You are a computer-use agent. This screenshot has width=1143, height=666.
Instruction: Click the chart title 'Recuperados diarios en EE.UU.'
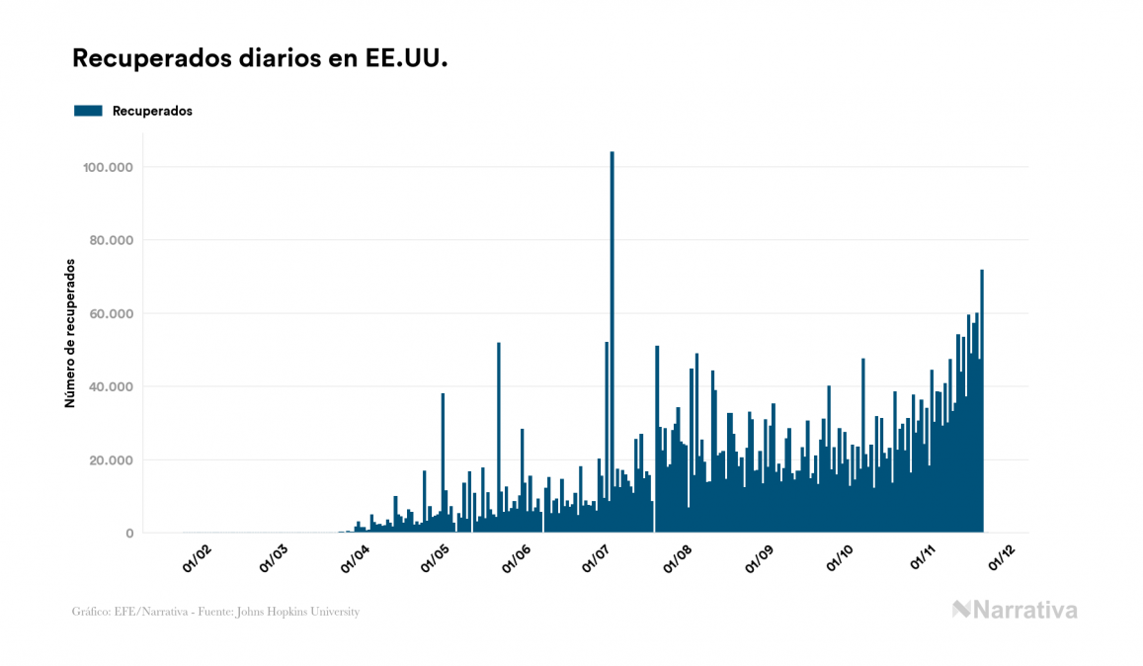[x=261, y=59]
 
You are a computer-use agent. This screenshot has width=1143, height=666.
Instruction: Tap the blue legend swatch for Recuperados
[x=88, y=111]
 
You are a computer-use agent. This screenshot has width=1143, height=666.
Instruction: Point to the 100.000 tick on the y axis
[x=109, y=167]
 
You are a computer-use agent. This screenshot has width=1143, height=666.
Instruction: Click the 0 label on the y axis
[x=129, y=533]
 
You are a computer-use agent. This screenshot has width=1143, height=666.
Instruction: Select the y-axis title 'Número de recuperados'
[x=70, y=334]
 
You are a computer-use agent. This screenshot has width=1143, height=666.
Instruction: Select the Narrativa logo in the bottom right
[x=1015, y=610]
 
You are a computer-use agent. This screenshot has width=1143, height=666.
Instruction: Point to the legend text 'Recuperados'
[x=152, y=111]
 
